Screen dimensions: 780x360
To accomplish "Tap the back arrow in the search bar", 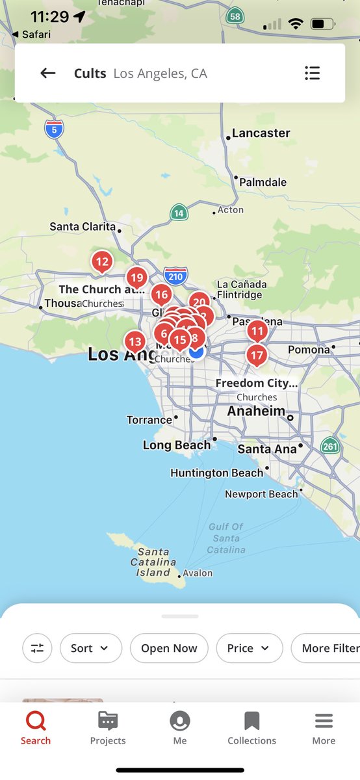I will coord(48,73).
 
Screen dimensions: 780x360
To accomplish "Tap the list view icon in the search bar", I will coord(312,73).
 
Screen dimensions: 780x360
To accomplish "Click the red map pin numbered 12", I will coord(101,263).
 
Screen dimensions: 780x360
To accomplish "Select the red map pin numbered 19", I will coord(136,278).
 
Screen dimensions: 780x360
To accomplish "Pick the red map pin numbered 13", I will coord(135,341).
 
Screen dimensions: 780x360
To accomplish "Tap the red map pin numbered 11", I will coord(257,331).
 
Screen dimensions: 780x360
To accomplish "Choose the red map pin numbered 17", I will coord(257,356).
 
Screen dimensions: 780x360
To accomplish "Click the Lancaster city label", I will coord(261,133).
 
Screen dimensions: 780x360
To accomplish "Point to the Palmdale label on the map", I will coord(263,182).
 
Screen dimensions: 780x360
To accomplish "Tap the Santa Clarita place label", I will coord(83,227).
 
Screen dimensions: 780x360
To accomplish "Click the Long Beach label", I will coord(177,445).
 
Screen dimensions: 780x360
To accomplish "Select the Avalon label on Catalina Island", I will coord(198,573).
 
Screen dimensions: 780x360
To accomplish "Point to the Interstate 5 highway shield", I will coord(55,129).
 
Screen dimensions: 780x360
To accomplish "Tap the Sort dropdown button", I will coord(90,648).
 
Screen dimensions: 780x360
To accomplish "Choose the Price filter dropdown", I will coord(249,648).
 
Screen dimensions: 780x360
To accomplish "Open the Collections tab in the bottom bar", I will coord(251,728).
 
